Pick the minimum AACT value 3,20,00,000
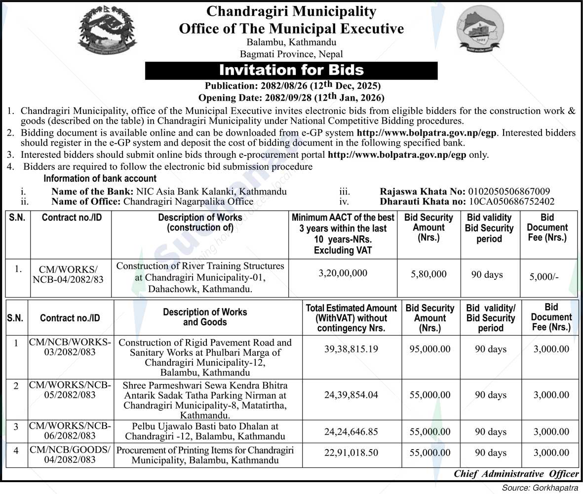coord(343,273)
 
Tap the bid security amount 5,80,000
coord(428,274)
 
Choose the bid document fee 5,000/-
coord(544,277)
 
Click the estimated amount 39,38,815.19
coord(351,349)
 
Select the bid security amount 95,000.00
coord(430,349)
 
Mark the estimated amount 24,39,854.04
coord(351,395)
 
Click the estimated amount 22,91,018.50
coord(351,453)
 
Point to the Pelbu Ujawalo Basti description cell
coord(205,431)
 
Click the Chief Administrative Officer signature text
coord(516,474)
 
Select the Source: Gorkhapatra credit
coord(540,488)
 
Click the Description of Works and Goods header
coord(205,317)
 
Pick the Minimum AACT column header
coord(343,233)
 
